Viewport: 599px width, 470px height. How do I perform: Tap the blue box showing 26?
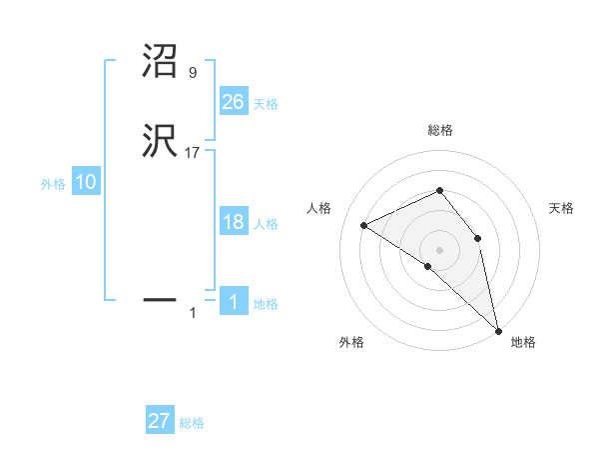point(234,102)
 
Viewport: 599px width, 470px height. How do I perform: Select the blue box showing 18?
point(234,222)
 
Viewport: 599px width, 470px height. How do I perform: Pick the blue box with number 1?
point(234,302)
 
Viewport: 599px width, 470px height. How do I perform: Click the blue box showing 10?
point(86,182)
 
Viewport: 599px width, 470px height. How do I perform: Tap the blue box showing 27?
point(160,421)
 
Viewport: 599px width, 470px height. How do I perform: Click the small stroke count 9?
point(192,73)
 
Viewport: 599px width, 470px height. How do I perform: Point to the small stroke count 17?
point(193,153)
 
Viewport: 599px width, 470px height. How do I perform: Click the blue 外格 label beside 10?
point(53,184)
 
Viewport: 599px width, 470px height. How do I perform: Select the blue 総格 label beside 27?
point(192,423)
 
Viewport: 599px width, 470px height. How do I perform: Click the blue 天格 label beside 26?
point(266,104)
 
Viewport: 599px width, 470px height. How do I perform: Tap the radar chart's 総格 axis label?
point(440,130)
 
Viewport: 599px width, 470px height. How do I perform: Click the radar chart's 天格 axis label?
point(562,208)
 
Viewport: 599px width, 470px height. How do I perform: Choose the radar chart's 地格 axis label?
point(523,342)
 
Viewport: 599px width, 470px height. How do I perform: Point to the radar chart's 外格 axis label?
point(351,342)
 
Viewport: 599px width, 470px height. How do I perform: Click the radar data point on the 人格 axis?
point(364,225)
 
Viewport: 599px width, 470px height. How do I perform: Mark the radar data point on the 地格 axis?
point(497,329)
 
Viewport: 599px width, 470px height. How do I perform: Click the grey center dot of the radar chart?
point(440,249)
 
